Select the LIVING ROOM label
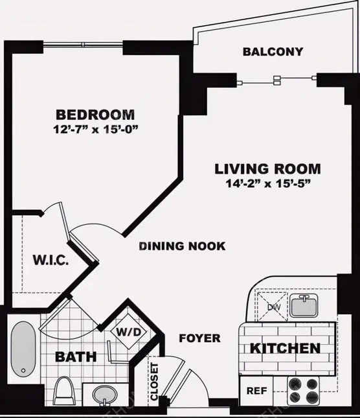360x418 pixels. pos(267,169)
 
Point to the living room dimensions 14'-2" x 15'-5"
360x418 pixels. pos(267,183)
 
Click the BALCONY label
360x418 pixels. pos(273,52)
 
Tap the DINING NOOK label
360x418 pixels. pos(182,246)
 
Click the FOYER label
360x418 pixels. pos(200,338)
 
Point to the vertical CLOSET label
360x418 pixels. pos(154,382)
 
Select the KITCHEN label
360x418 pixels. pos(285,349)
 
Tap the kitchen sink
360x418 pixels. pos(302,304)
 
